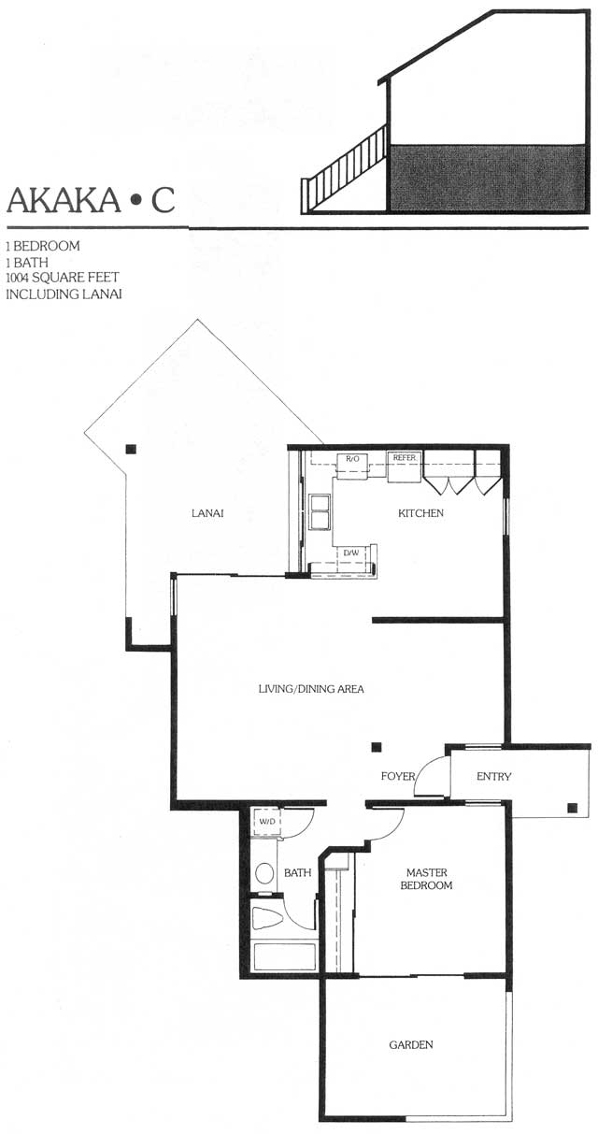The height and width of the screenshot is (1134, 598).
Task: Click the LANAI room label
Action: [x=207, y=513]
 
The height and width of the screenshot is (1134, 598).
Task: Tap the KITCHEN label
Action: [x=420, y=513]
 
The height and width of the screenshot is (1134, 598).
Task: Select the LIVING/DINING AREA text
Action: [x=310, y=689]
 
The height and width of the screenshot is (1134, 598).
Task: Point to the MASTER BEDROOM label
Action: [x=426, y=879]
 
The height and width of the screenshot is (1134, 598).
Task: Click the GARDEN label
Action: [x=411, y=1044]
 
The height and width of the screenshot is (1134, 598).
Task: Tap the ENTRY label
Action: [x=493, y=777]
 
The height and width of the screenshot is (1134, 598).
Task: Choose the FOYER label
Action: [x=398, y=776]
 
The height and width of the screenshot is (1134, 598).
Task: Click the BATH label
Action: [x=297, y=873]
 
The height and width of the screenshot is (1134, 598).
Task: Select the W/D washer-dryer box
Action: [x=266, y=822]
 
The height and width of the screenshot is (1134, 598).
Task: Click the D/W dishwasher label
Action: [x=351, y=553]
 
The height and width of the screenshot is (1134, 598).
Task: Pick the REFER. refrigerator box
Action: [x=405, y=467]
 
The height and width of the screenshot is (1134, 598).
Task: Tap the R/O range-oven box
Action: [x=352, y=466]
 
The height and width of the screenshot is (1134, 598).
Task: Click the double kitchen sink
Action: [x=320, y=511]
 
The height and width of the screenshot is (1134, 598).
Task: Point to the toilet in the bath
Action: [x=266, y=918]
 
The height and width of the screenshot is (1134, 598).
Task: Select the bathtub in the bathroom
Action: [x=284, y=955]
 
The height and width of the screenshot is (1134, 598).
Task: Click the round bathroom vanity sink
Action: [x=264, y=873]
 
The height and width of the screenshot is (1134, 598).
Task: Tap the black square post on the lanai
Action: [x=131, y=449]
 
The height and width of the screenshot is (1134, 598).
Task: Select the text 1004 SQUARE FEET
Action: [x=63, y=278]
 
